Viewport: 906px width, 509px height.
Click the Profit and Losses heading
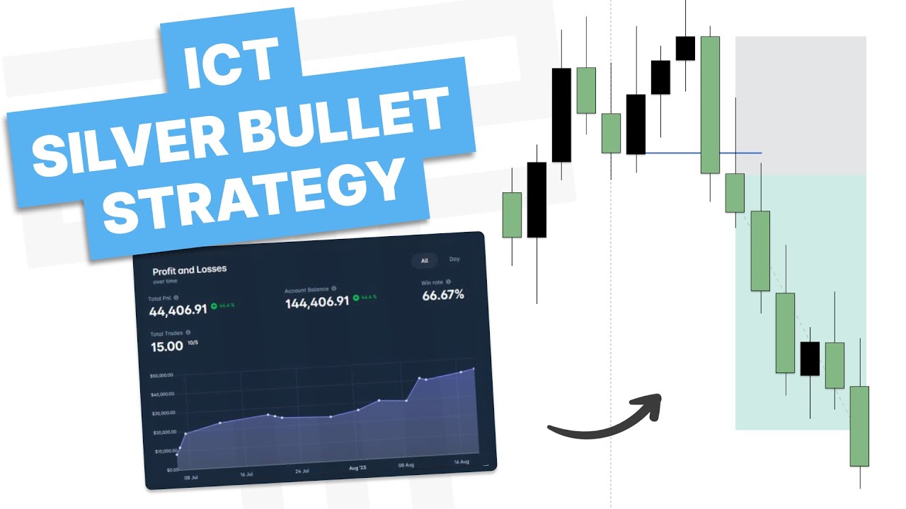(x=189, y=270)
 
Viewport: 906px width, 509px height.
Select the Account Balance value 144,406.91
(x=317, y=303)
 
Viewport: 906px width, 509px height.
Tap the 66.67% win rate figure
(x=443, y=296)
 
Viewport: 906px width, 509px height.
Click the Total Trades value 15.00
(x=167, y=346)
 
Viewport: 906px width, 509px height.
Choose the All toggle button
(x=425, y=260)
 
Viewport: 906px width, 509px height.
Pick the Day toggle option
(x=454, y=259)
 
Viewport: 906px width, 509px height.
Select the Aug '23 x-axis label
(x=358, y=468)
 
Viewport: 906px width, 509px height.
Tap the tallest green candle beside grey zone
(x=710, y=105)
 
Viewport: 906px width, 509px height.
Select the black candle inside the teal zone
(x=810, y=358)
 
